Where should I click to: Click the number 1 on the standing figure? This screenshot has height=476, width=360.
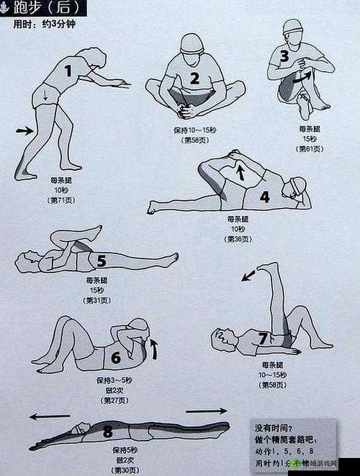pyautogui.click(x=69, y=71)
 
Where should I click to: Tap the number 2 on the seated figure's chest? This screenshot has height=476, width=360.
pyautogui.click(x=194, y=78)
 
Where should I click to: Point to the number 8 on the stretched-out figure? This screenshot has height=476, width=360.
pyautogui.click(x=107, y=431)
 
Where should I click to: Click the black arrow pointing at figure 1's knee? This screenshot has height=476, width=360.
pyautogui.click(x=24, y=130)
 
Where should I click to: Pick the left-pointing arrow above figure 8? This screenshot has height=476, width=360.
pyautogui.click(x=50, y=416)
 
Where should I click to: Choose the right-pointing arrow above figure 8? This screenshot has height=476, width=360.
pyautogui.click(x=206, y=411)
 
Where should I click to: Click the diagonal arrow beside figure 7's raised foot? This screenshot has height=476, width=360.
pyautogui.click(x=248, y=274)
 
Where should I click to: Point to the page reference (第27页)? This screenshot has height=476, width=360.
pyautogui.click(x=115, y=400)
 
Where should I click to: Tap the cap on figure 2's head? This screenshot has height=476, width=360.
pyautogui.click(x=192, y=42)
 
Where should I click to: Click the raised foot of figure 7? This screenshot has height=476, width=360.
pyautogui.click(x=270, y=269)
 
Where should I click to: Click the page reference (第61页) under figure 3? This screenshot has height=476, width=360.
pyautogui.click(x=310, y=149)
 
